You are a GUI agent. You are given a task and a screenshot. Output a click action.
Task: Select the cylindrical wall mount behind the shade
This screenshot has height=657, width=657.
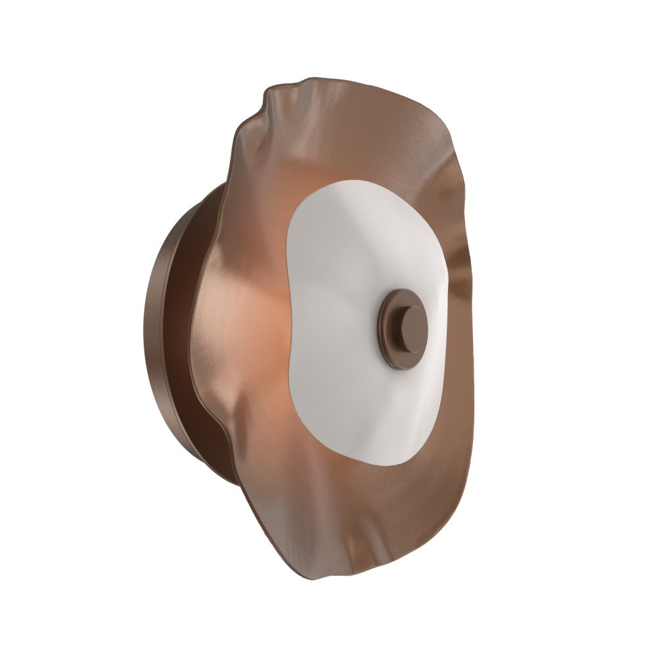pyautogui.click(x=164, y=328)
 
